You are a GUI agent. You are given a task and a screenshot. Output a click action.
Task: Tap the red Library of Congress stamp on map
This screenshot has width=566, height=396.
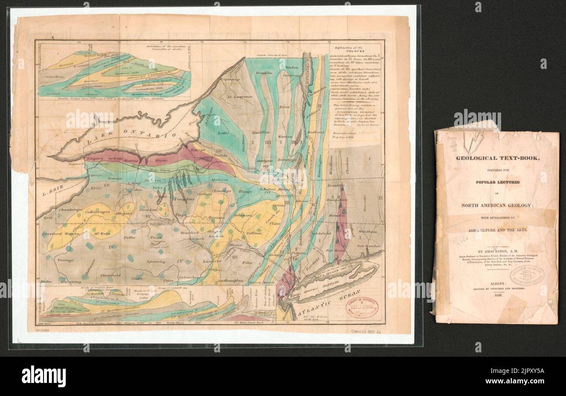coord(362,307)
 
